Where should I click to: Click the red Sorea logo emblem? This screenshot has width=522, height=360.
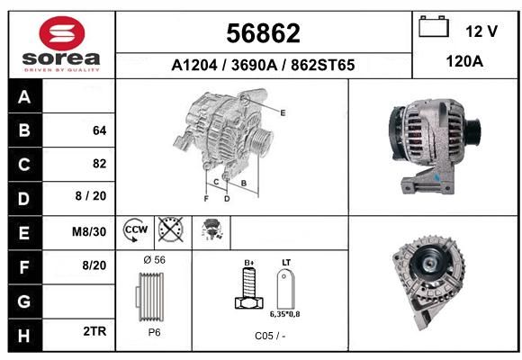click(x=62, y=33)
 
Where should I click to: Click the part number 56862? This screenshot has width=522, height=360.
click(x=263, y=33)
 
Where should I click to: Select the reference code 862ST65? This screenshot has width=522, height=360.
click(x=322, y=65)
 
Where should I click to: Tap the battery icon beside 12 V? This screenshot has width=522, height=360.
click(x=434, y=26)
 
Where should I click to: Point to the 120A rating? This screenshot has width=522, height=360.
click(x=464, y=61)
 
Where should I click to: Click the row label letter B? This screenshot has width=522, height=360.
click(x=24, y=130)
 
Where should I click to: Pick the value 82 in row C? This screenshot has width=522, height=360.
click(x=100, y=164)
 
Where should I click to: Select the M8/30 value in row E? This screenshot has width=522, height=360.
click(x=89, y=231)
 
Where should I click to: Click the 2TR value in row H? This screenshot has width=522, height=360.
click(x=94, y=331)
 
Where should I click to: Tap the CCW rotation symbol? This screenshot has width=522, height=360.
click(x=135, y=230)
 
